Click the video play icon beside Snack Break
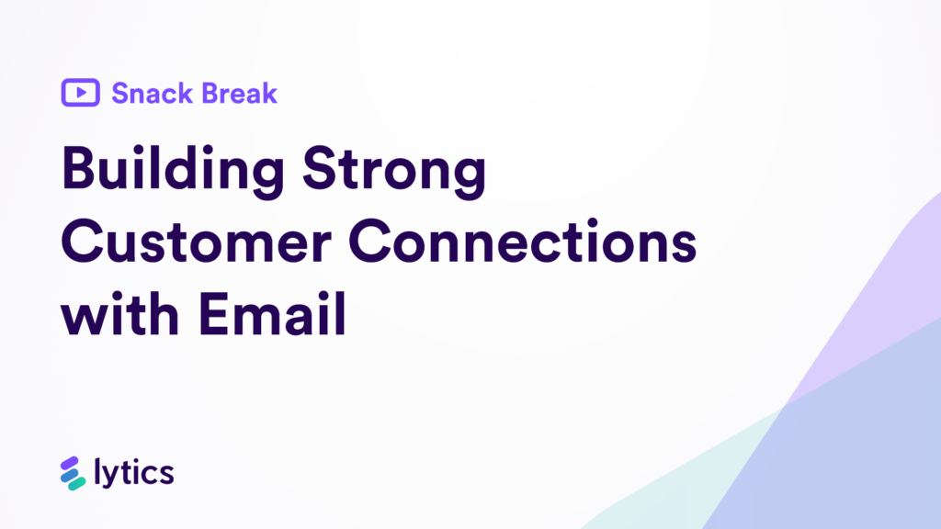coord(81,93)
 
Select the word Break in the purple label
coord(238,93)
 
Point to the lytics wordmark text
coord(134,474)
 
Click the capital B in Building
coord(80,172)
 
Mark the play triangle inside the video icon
coord(82,93)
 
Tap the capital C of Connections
coord(377,243)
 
